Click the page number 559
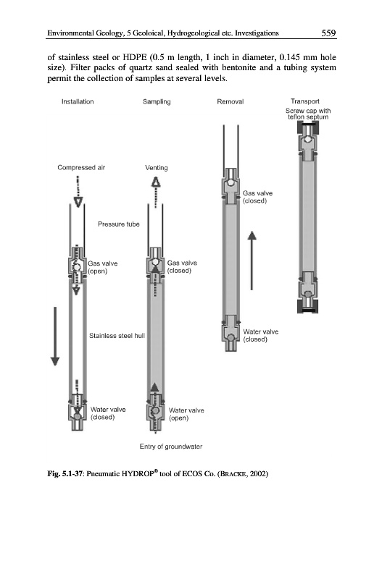coord(328,33)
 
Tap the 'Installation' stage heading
coord(78,101)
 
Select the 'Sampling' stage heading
coord(157,101)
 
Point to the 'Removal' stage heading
coord(231,101)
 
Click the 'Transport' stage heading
coord(305,101)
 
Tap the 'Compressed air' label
coord(81,168)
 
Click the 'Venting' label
coord(157,168)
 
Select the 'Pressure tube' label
coord(119,224)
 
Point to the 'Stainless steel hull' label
coord(117,336)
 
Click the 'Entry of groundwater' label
coord(171,447)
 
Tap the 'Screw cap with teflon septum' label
coord(308,114)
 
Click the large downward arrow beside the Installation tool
coord(55,336)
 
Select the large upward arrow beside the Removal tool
coord(252,261)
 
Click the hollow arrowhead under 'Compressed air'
coord(78,202)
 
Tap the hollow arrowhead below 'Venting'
coord(157,182)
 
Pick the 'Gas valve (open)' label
coord(103,267)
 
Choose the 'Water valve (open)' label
coord(186,414)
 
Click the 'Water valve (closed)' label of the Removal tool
coord(261,335)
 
